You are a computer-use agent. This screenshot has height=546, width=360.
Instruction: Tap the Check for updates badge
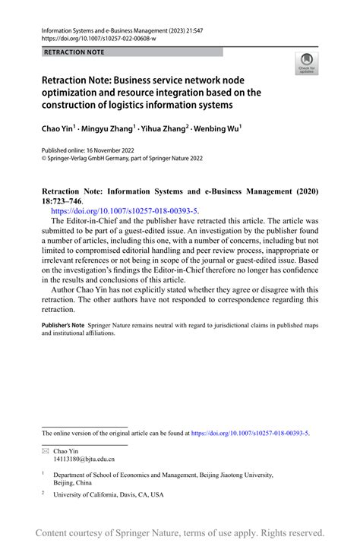pyautogui.click(x=306, y=63)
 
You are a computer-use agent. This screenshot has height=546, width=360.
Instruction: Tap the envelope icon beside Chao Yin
pyautogui.click(x=45, y=450)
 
